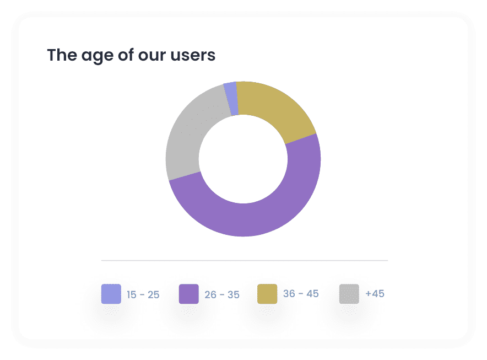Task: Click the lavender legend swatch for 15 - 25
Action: coord(111,294)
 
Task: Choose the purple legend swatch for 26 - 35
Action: coord(189,294)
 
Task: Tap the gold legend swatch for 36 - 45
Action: coord(267,294)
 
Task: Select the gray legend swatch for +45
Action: coord(349,294)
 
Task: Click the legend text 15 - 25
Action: coord(143,294)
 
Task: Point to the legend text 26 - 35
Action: coord(221,294)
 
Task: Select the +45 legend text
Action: coord(375,293)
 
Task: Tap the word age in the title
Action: coord(98,56)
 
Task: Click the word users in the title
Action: coord(196,56)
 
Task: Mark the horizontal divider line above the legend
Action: coord(244,260)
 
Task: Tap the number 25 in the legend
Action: coord(153,294)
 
